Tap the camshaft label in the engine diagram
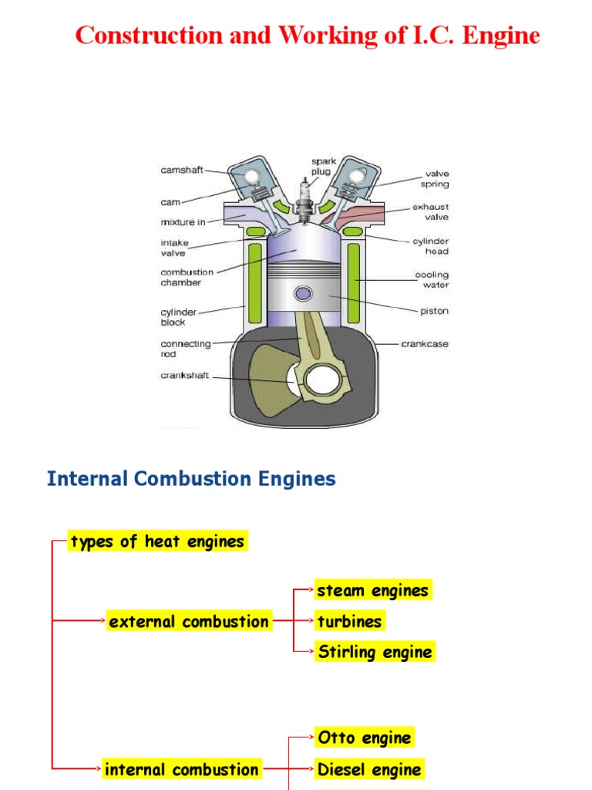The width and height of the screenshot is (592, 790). (182, 170)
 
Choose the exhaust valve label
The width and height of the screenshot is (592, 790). (429, 212)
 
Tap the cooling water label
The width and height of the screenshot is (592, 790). (431, 279)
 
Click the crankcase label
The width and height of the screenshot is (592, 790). (425, 343)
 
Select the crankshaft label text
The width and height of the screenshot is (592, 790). (185, 376)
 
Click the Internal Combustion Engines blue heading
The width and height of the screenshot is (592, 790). (191, 479)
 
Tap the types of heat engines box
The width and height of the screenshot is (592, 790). (157, 542)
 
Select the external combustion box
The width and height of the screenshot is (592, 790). (189, 622)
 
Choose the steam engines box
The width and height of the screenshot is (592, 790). (373, 591)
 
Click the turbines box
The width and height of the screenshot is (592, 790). (349, 622)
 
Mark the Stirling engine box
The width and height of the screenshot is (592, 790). (375, 652)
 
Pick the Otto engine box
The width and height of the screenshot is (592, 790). (365, 738)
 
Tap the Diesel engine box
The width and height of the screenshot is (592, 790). (369, 769)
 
